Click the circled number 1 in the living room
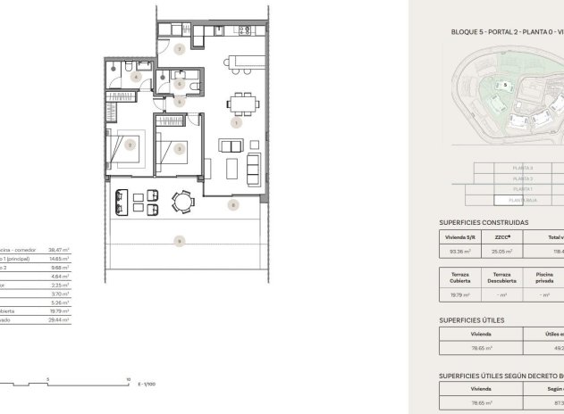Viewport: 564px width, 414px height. (235, 123)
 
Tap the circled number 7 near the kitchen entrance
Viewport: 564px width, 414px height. (180, 49)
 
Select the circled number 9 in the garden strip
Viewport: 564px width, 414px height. (180, 240)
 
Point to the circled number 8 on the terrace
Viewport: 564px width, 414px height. (233, 204)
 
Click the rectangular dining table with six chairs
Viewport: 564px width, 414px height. (239, 102)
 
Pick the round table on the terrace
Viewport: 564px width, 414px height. (183, 203)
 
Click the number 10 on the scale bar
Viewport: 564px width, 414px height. (129, 378)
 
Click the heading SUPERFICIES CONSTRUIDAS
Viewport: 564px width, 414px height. (484, 222)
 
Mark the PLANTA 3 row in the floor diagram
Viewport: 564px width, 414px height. (523, 168)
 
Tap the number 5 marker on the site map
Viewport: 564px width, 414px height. (506, 86)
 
